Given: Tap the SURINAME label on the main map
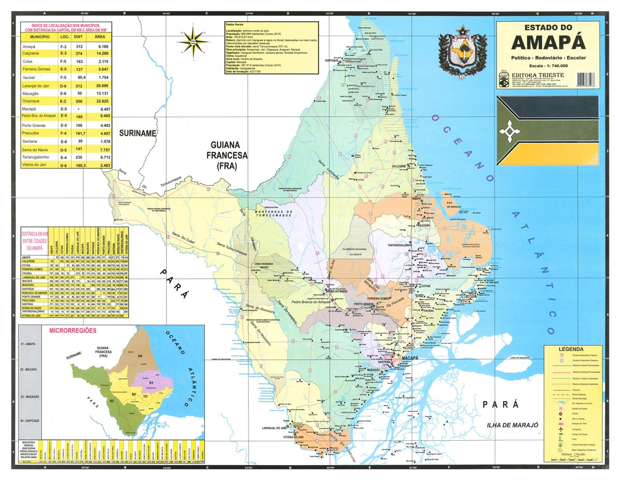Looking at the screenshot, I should [x=137, y=133].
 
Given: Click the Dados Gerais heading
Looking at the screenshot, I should [x=235, y=25].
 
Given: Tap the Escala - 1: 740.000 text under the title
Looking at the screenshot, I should [x=548, y=66].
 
